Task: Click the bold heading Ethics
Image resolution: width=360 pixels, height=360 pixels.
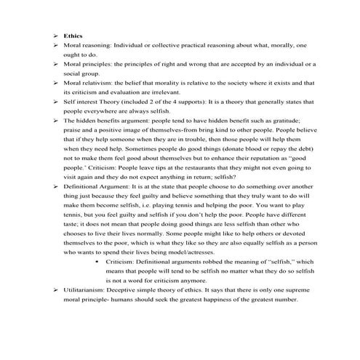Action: [73, 35]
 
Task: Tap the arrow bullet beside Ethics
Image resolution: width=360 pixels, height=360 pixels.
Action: [56, 35]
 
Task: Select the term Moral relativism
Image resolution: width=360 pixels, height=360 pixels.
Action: [88, 83]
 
